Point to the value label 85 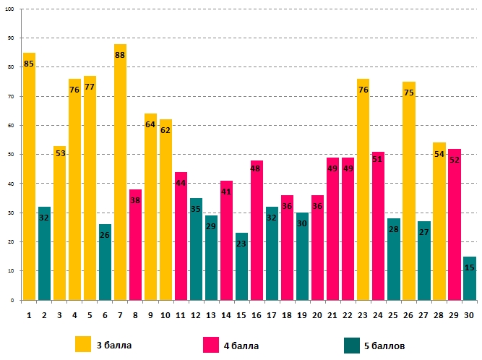pyautogui.click(x=29, y=64)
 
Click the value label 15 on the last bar pyautogui.click(x=469, y=267)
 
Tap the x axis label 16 pyautogui.click(x=257, y=314)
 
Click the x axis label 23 pyautogui.click(x=363, y=314)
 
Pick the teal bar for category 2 pyautogui.click(x=44, y=253)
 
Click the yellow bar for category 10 pyautogui.click(x=165, y=210)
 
